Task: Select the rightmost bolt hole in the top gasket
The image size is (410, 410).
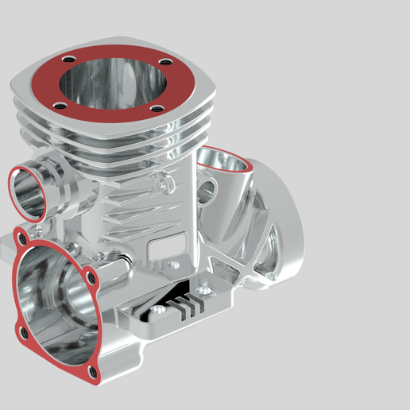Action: point(164,63)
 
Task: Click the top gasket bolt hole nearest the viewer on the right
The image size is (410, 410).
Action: point(157,109)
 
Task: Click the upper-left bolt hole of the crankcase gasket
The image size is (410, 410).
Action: point(21,236)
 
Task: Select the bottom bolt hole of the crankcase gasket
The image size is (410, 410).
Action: point(93,372)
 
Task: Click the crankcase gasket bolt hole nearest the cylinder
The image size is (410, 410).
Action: point(92,278)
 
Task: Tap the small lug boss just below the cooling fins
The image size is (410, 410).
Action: point(164,184)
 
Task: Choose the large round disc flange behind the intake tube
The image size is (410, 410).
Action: point(278,230)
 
